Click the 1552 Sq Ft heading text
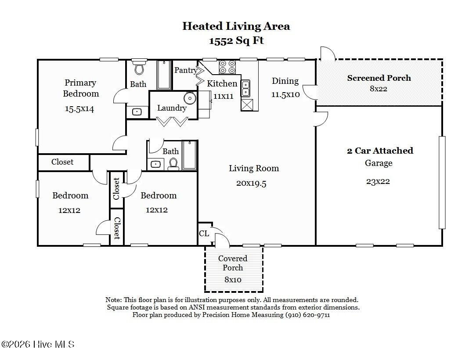(236, 41)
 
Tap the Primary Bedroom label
(81, 88)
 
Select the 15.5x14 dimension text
(79, 109)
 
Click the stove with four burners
(227, 67)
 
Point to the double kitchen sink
(245, 88)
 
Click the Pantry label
(186, 70)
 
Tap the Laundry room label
(172, 108)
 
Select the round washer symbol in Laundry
(190, 98)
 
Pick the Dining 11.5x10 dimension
(285, 94)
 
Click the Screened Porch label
(379, 78)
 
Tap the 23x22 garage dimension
(378, 181)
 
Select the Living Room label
(254, 168)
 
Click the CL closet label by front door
(204, 234)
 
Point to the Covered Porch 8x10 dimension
(233, 280)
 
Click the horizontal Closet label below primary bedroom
(62, 162)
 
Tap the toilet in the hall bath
(173, 164)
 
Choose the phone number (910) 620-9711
(307, 315)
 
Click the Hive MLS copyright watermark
(38, 345)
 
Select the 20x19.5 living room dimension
(251, 184)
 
